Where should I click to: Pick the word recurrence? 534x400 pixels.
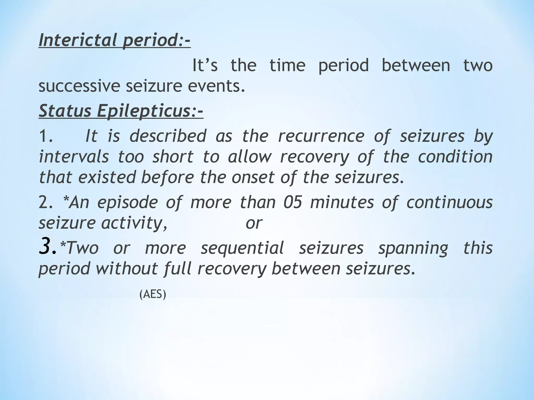click(x=321, y=136)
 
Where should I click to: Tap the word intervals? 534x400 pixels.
click(x=74, y=157)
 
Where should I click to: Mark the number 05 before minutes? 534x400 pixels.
click(x=293, y=202)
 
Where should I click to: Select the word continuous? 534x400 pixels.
click(x=450, y=202)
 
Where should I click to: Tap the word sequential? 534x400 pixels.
click(x=242, y=248)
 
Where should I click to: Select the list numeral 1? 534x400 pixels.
click(x=45, y=136)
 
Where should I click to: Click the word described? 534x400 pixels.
click(x=168, y=136)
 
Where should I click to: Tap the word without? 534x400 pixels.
click(x=126, y=268)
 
